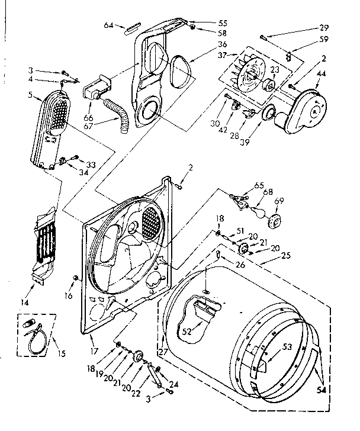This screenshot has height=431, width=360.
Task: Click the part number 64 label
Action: [108, 25]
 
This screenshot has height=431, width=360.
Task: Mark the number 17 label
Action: [93, 339]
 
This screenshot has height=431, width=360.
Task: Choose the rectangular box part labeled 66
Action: [94, 89]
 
